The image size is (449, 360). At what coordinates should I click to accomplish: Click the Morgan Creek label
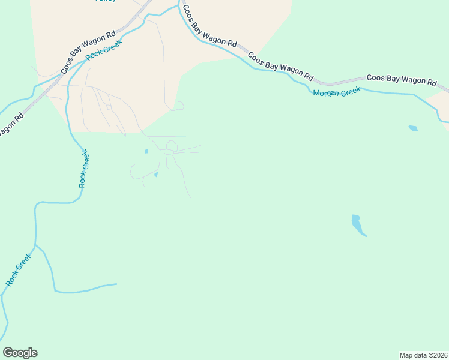coord(336,92)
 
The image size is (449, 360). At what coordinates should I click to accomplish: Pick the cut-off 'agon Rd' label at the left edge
coord(11,124)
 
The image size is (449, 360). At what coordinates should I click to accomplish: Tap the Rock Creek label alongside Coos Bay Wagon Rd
coord(104,50)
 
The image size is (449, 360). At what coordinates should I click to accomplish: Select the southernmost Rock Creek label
coord(19,269)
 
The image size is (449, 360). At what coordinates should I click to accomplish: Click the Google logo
coord(20,353)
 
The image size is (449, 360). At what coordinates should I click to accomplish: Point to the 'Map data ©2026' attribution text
coord(423,355)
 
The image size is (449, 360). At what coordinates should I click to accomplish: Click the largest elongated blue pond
coord(358,225)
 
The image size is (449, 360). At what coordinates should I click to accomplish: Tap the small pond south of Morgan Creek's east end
coord(413,128)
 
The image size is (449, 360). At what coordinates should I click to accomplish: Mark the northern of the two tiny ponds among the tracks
coord(146,151)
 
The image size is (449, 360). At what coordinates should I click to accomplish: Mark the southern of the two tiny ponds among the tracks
coord(155,175)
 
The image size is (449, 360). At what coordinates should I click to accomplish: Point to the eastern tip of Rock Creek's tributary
coord(116,284)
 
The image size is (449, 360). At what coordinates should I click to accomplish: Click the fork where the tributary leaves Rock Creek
coord(36,245)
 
